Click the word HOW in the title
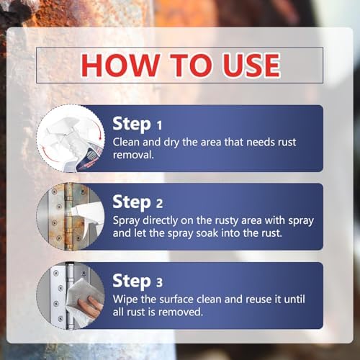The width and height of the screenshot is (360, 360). [120, 65]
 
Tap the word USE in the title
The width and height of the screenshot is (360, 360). [251, 65]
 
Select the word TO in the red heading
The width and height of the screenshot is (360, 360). [191, 65]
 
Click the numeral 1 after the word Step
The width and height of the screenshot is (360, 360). [159, 125]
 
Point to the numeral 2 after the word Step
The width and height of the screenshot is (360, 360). [159, 203]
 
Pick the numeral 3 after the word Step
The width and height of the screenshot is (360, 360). [159, 282]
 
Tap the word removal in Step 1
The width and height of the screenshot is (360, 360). [132, 155]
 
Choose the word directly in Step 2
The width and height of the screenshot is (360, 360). [160, 221]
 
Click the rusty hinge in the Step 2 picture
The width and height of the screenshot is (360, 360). [69, 216]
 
